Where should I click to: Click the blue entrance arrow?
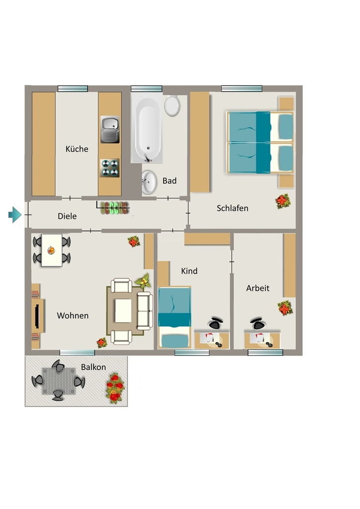coord(15,215)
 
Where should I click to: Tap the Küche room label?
coord(77,149)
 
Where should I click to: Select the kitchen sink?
coord(110,130)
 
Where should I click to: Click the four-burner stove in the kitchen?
coord(110,168)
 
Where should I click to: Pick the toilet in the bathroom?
coord(172,105)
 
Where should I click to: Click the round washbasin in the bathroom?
coord(149,182)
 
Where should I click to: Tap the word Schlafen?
coord(232,208)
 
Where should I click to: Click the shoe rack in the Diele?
coord(114,208)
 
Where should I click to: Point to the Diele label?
coord(67,216)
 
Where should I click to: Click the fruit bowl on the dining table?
coord(51,251)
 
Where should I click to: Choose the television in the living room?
coord(37,316)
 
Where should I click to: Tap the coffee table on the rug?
coord(123,311)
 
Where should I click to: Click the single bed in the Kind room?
coord(175,317)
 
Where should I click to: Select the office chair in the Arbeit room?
coord(258,323)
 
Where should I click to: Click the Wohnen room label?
coord(73,315)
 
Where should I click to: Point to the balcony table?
coord(59,381)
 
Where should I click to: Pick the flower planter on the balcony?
coord(115,388)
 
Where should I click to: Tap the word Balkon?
coord(93,367)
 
